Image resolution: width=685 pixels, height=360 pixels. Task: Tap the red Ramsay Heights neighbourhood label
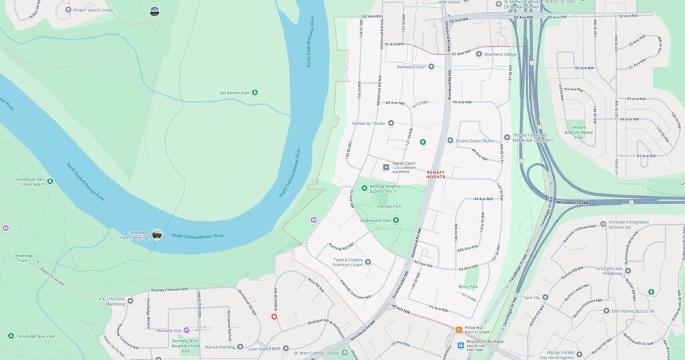[435, 174]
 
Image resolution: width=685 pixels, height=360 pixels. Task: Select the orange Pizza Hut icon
[459, 329]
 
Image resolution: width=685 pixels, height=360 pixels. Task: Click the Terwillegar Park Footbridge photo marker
[157, 234]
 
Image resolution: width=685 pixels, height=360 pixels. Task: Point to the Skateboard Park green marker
[396, 220]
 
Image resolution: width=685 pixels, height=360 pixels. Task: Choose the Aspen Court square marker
[386, 167]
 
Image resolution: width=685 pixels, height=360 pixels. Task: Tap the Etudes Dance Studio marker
[450, 141]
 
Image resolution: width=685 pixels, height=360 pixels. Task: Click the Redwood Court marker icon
[431, 67]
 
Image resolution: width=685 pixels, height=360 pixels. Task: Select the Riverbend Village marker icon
[479, 54]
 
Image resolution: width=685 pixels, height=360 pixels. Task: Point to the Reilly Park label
[468, 286]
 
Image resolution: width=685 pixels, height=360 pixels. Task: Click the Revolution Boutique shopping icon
[460, 345]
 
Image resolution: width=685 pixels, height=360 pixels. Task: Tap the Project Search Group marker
[68, 9]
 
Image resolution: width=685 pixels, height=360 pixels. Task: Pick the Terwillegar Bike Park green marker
[11, 336]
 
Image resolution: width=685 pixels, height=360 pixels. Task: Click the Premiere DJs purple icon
[187, 330]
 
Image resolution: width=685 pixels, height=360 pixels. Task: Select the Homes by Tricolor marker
[391, 123]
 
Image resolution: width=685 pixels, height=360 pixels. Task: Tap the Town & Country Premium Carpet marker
[367, 262]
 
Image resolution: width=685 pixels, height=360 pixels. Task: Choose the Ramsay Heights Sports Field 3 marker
[365, 188]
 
